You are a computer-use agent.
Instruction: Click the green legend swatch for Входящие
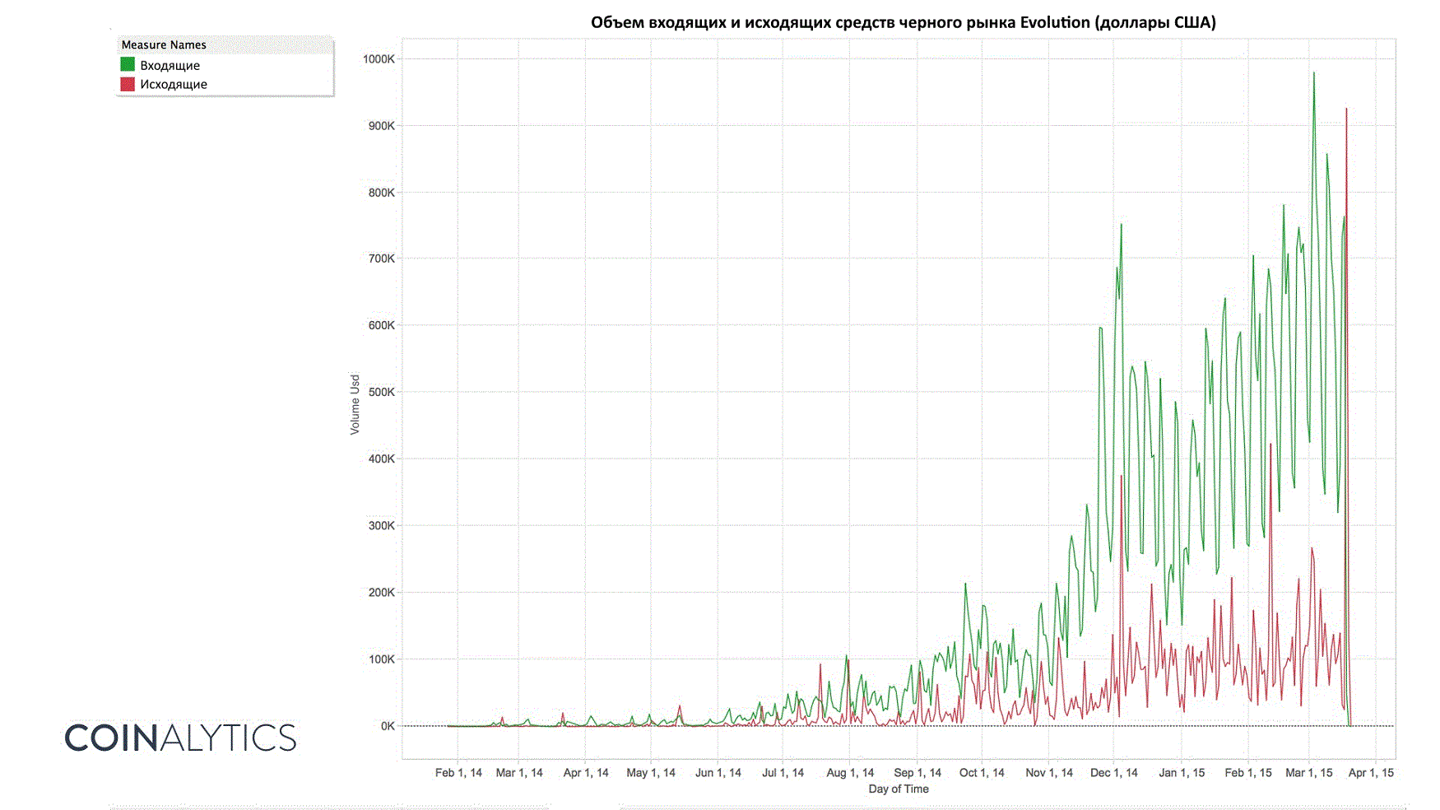pos(128,64)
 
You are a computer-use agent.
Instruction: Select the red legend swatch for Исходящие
pos(128,84)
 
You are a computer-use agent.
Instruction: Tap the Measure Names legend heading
pos(164,44)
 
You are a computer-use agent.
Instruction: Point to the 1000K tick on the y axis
pos(379,59)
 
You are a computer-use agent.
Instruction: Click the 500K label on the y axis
pos(381,392)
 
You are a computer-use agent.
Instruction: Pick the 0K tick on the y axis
pos(387,726)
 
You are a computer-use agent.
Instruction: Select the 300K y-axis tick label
pos(381,525)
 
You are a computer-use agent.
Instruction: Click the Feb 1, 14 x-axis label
pos(458,773)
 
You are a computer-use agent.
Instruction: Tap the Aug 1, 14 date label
pos(850,773)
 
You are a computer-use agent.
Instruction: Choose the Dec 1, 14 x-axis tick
pos(1113,773)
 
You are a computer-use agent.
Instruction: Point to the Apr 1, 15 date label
pos(1371,773)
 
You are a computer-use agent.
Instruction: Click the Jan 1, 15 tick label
pos(1182,773)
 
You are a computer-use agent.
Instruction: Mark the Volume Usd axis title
pos(355,404)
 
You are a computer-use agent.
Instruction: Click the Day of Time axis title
pos(899,789)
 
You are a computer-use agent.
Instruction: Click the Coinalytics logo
pos(180,738)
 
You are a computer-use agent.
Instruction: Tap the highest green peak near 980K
pos(1313,73)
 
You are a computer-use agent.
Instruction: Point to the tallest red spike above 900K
pos(1346,109)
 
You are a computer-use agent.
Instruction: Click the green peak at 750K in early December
pos(1121,225)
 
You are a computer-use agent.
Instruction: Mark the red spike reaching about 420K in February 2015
pos(1270,445)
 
